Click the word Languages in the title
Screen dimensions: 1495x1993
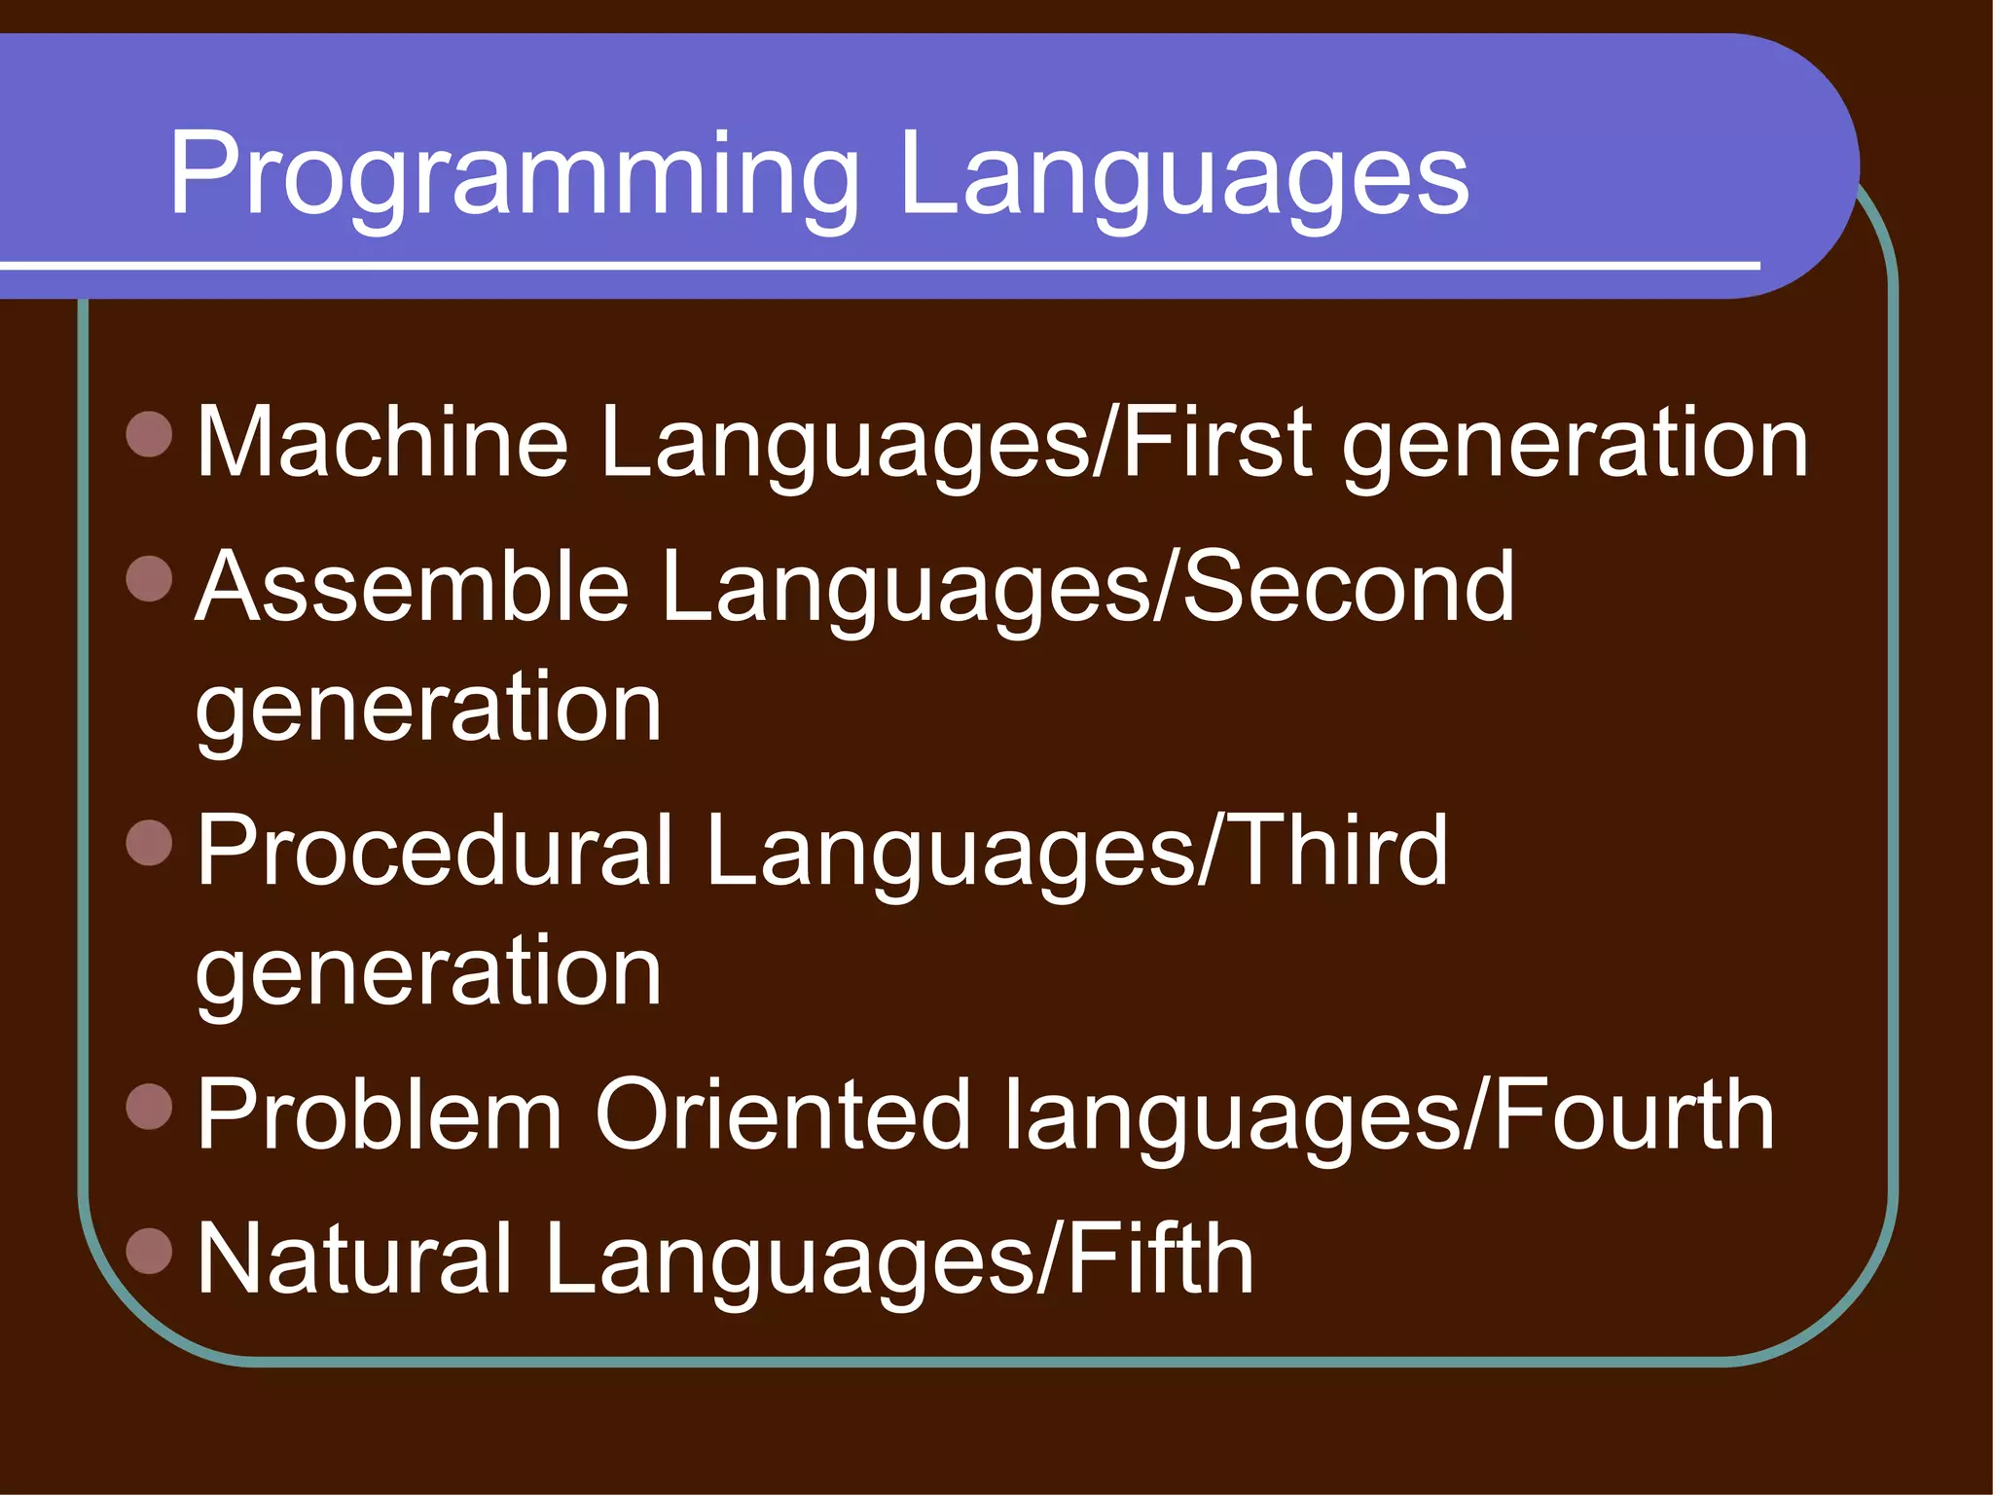1183,178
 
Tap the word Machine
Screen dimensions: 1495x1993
382,443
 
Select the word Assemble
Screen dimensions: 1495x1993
413,587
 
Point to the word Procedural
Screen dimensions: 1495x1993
435,852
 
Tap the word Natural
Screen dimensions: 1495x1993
354,1259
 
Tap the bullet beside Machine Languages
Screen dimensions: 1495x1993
149,434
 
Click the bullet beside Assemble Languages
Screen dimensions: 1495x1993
149,578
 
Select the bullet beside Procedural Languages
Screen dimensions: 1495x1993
149,843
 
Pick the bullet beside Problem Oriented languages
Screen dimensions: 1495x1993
149,1107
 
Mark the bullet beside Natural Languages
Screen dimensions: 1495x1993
149,1251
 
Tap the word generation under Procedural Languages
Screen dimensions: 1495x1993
429,974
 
